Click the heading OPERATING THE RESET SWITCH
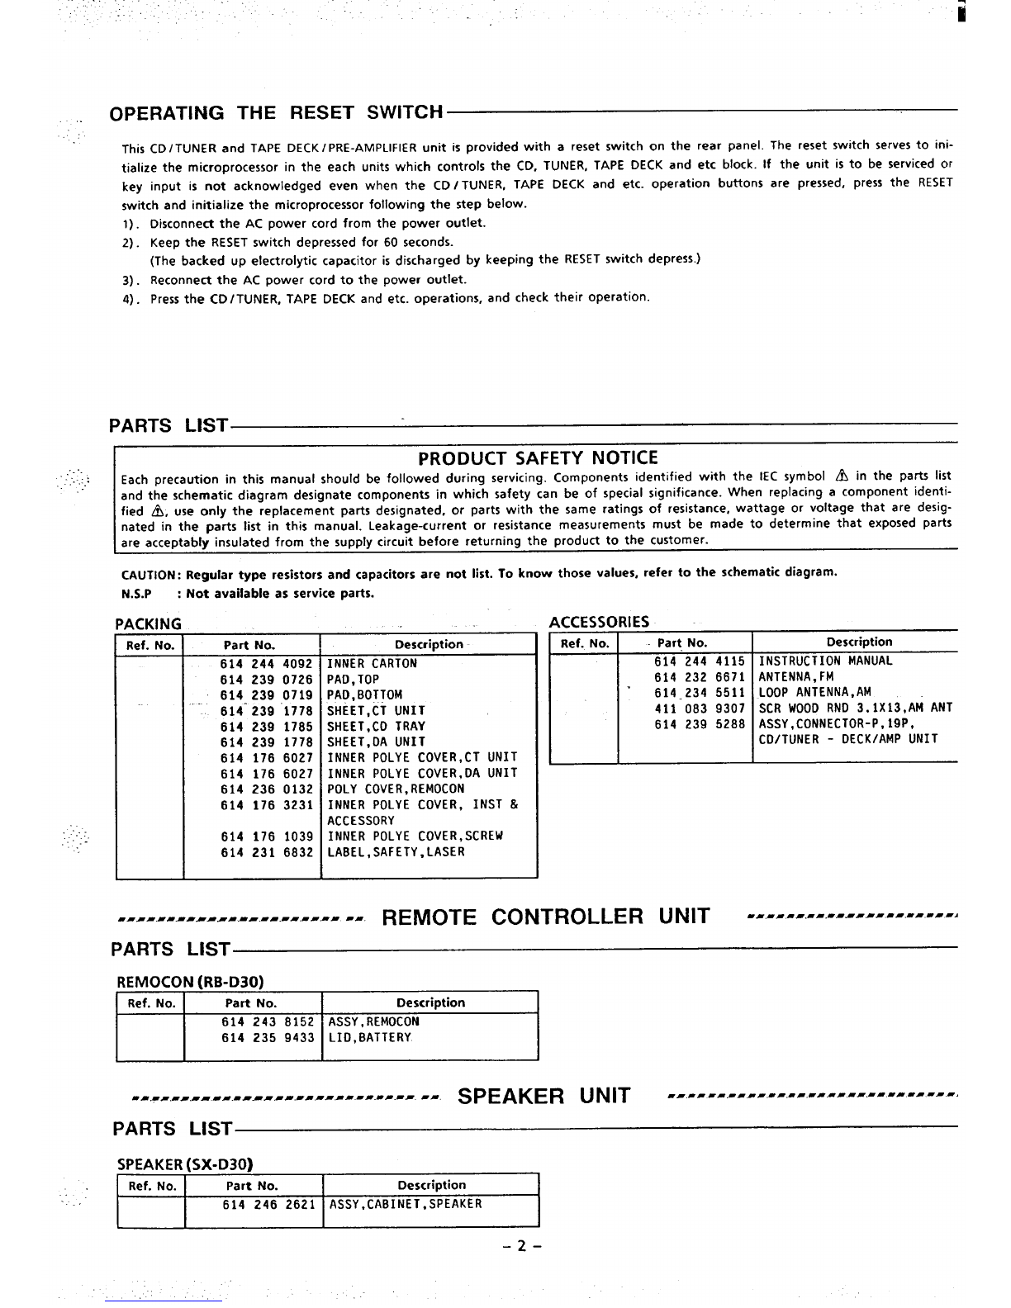coord(278,112)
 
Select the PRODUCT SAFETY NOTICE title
coord(538,458)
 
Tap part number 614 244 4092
coord(267,664)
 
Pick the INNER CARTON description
coord(373,664)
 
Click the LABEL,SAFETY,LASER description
coord(396,852)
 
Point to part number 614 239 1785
coord(267,727)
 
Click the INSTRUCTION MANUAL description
coord(825,661)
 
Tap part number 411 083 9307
coord(700,708)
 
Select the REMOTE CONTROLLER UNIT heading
coord(545,917)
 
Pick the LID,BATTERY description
coord(370,1038)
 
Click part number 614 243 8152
coord(268,1022)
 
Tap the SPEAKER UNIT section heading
coord(543,1097)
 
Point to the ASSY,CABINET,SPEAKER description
coord(406,1205)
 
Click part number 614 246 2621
coord(269,1205)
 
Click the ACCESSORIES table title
coord(599,621)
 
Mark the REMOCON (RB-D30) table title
coord(190,982)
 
